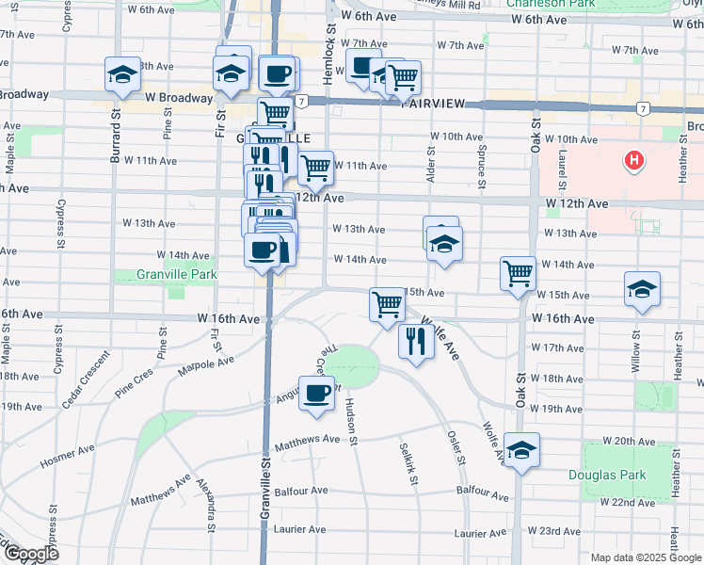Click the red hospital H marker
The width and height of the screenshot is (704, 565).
[635, 161]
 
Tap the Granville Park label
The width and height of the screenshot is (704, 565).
[164, 275]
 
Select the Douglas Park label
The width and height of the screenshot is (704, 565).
[607, 475]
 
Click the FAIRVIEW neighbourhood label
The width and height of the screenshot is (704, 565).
[435, 104]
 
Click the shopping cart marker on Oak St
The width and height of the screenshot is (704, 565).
[519, 273]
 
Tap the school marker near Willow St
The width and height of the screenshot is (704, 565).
[642, 288]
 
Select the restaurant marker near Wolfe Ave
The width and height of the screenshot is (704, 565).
[414, 340]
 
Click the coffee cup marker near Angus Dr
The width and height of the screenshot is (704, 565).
[316, 392]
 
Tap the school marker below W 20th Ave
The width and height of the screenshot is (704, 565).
[520, 449]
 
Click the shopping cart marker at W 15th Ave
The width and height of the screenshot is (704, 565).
[387, 304]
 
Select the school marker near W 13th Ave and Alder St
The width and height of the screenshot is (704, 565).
[443, 244]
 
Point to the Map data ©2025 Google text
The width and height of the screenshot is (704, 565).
[645, 557]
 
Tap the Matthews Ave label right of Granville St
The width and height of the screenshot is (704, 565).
[306, 439]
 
